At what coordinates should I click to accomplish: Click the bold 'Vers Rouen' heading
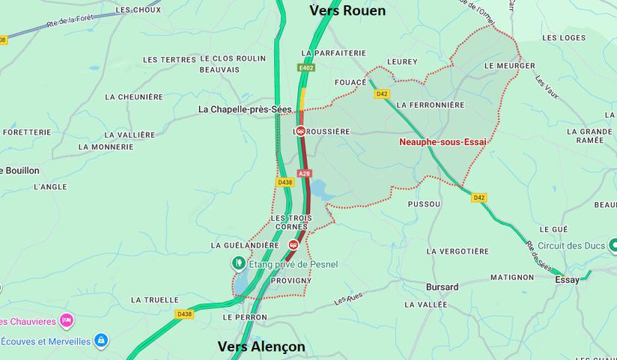click(347, 10)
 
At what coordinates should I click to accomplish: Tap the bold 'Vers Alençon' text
click(261, 347)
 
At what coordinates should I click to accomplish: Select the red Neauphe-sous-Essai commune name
click(442, 141)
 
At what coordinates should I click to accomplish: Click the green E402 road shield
click(306, 68)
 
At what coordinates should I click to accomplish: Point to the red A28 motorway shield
click(304, 174)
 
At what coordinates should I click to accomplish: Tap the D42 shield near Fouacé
click(382, 94)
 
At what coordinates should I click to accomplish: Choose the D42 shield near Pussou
click(479, 198)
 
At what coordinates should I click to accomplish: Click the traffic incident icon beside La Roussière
click(300, 131)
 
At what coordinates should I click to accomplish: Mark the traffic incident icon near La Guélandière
click(294, 244)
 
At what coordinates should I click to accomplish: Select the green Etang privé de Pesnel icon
click(238, 263)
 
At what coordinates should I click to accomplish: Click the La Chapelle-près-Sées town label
click(245, 109)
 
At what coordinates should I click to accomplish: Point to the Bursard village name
click(442, 287)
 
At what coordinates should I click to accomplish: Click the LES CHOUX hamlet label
click(139, 10)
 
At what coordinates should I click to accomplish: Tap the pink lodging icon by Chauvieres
click(66, 320)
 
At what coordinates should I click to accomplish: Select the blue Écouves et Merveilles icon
click(101, 341)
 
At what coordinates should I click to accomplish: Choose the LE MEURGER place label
click(510, 66)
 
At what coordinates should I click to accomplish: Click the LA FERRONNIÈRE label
click(431, 105)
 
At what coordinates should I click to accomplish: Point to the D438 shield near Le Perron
click(184, 314)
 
